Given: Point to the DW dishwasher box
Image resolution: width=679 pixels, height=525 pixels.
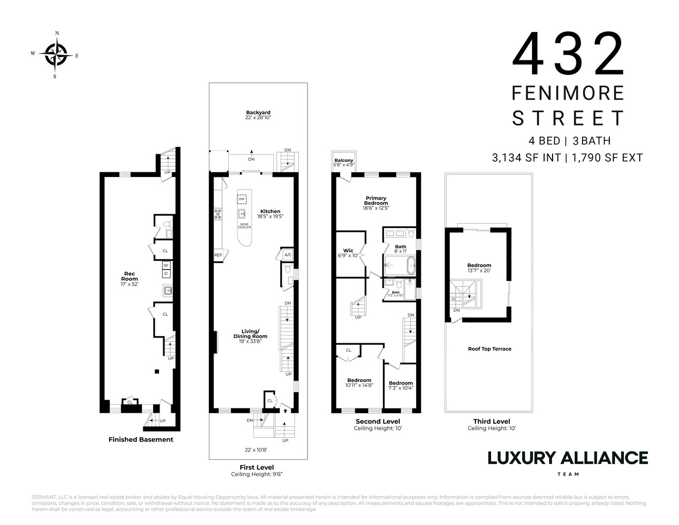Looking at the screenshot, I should click(x=242, y=199).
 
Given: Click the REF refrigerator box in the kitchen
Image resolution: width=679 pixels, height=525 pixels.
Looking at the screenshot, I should click(x=218, y=255).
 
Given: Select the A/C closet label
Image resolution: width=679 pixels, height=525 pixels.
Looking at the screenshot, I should click(x=288, y=255).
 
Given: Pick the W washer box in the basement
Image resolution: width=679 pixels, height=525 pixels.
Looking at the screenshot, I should click(x=166, y=265).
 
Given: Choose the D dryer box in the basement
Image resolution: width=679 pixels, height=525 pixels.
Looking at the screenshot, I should click(x=166, y=274).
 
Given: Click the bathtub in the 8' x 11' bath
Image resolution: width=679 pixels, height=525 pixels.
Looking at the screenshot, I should click(x=400, y=266).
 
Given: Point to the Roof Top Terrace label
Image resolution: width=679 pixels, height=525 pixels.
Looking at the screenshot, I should click(x=489, y=349).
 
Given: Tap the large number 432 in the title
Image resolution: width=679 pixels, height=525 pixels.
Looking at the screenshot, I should click(x=568, y=55).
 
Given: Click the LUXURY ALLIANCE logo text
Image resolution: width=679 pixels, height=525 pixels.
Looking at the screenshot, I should click(x=568, y=458).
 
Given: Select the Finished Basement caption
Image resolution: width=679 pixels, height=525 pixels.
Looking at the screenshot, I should click(x=141, y=439).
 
